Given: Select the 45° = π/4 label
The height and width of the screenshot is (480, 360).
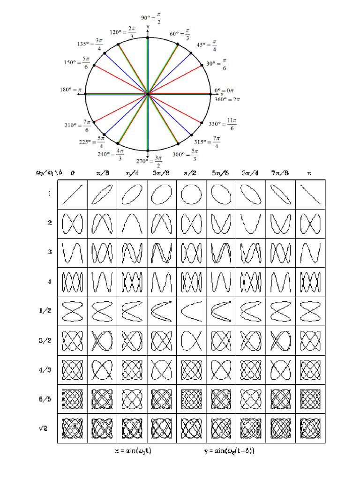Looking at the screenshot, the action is coord(207,45).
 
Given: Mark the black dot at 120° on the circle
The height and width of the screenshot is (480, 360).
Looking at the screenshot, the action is coord(118,45).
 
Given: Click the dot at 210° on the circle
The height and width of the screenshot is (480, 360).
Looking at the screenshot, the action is coord(95,122).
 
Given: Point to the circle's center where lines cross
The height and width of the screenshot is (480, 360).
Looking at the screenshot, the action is coord(148,94).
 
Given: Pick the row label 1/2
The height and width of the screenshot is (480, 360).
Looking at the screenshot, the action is coord(48,310).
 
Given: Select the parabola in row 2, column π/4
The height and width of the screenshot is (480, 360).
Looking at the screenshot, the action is coord(131,224).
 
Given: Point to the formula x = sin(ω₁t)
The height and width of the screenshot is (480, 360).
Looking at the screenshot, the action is coord(133,451).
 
